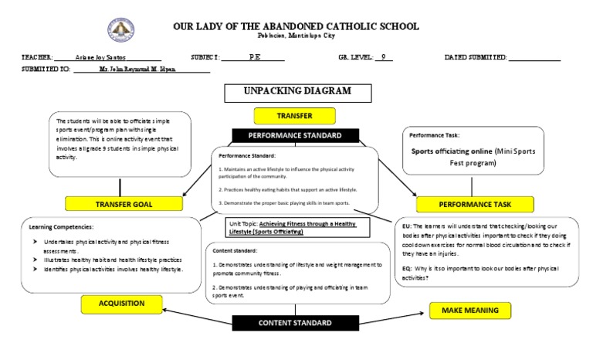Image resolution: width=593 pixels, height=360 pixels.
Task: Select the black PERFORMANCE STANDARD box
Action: coord(293,136)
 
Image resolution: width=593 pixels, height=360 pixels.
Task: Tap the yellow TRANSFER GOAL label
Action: coord(124,204)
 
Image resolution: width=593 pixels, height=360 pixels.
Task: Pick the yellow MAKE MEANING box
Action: coord(469,310)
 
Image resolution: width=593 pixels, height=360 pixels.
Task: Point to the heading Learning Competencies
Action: coord(61,227)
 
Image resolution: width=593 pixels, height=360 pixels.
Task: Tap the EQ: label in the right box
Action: coord(407,267)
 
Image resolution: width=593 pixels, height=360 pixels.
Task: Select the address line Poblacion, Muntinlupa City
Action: coord(296,36)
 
